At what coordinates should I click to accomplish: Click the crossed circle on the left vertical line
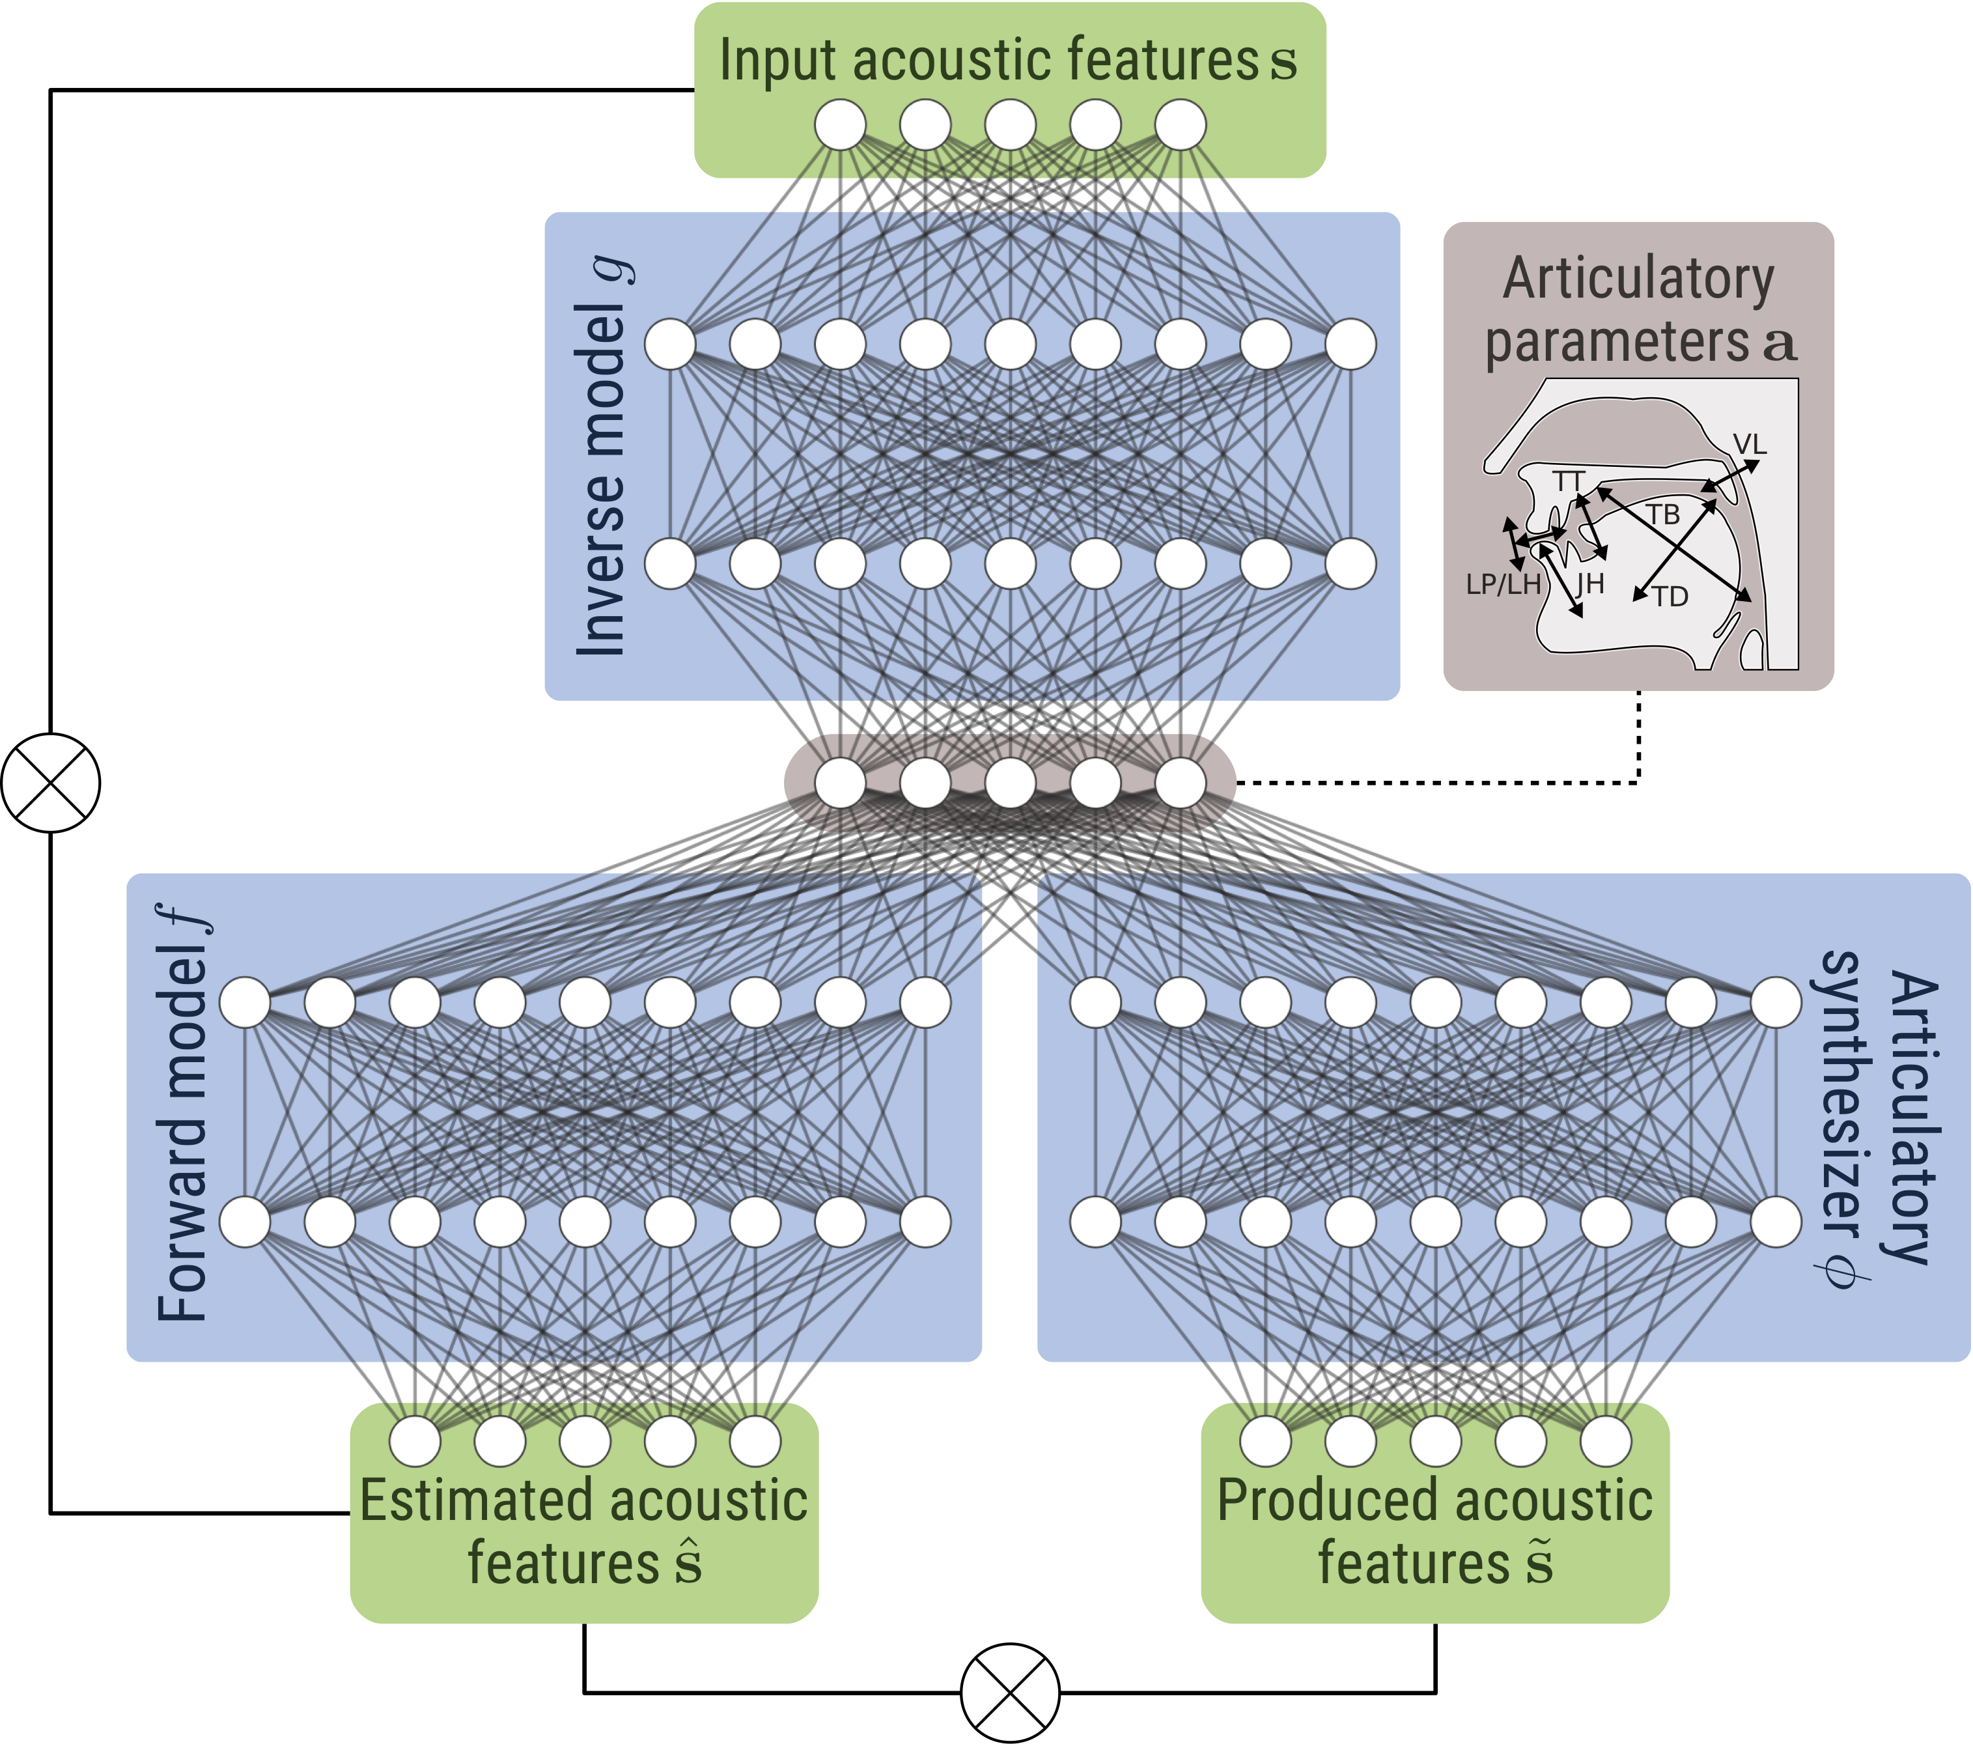pyautogui.click(x=50, y=783)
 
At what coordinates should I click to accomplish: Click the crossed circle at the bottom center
pyautogui.click(x=1010, y=1693)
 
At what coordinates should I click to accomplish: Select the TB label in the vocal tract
pyautogui.click(x=1663, y=514)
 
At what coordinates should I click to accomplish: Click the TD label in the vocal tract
pyautogui.click(x=1670, y=597)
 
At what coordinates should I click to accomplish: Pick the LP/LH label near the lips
pyautogui.click(x=1503, y=585)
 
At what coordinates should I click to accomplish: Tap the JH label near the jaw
pyautogui.click(x=1589, y=584)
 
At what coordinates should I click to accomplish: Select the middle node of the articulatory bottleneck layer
pyautogui.click(x=1010, y=783)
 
